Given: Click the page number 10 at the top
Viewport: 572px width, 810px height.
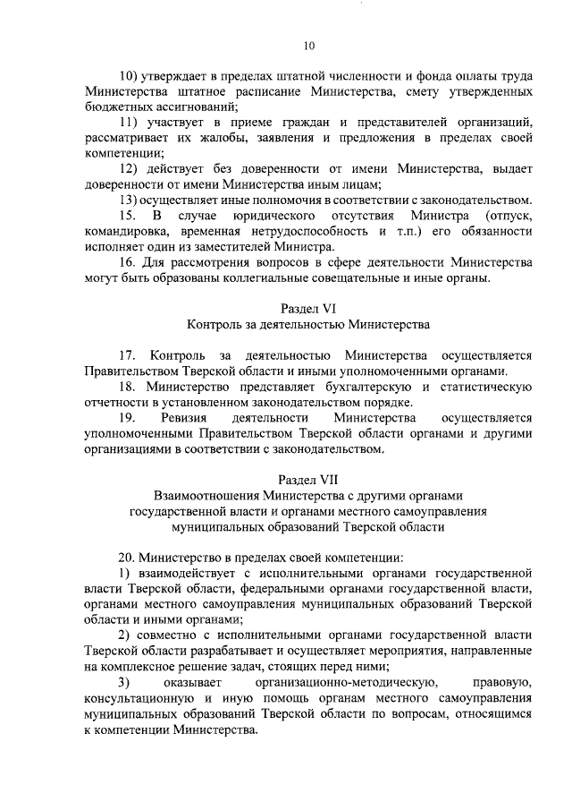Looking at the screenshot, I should (308, 47).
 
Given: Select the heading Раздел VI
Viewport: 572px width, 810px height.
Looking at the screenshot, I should (308, 306).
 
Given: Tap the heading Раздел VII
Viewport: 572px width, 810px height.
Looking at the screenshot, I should (308, 478).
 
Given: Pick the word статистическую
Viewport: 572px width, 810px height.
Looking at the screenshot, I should (484, 387).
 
